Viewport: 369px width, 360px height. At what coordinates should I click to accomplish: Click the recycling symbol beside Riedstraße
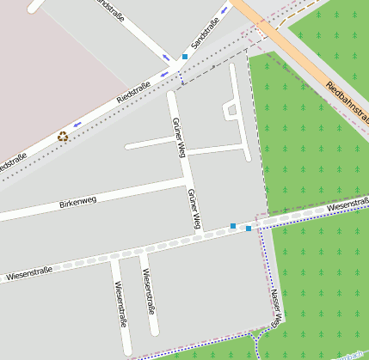coord(63,136)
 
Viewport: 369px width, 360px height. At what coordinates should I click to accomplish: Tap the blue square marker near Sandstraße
coord(184,57)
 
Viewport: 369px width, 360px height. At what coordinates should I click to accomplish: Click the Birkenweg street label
coord(77,202)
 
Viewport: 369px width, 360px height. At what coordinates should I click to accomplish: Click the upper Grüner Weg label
coord(179,137)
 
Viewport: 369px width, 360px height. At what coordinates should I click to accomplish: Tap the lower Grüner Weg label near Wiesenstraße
coord(194,209)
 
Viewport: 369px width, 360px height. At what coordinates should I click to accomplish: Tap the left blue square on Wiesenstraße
coord(233,226)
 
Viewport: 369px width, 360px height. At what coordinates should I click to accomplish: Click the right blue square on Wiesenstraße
coord(249,229)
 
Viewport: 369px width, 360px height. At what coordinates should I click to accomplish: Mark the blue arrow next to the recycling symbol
coord(78,124)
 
